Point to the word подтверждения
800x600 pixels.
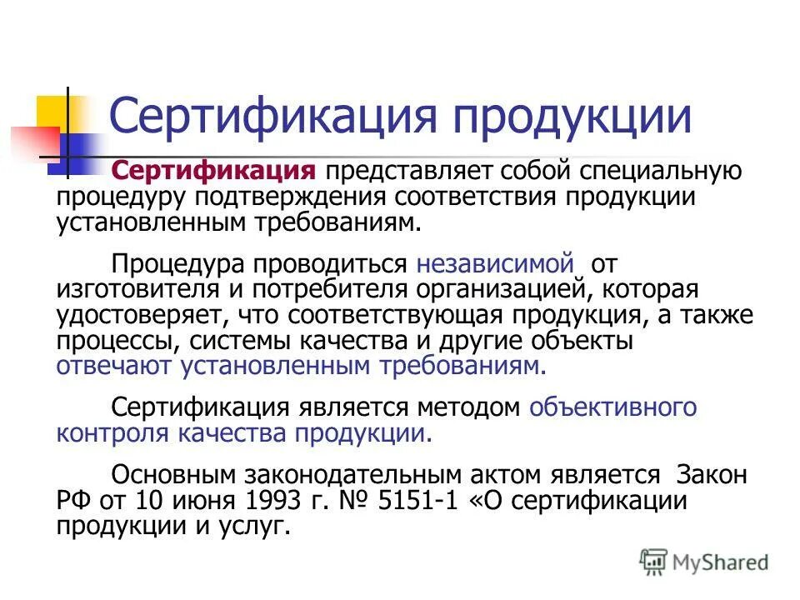coord(292,197)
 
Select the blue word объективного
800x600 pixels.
coord(612,407)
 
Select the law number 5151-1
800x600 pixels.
coord(423,500)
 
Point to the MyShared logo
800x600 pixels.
coord(703,562)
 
